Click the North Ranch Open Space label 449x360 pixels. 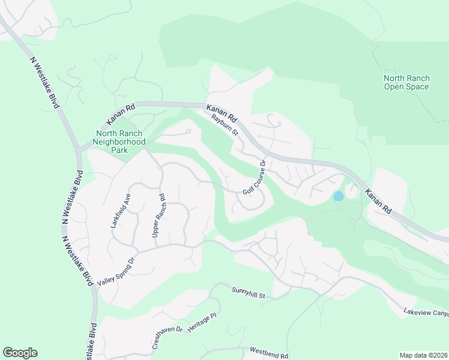(406, 82)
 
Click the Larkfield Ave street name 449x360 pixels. (120, 211)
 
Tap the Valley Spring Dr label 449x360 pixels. (117, 271)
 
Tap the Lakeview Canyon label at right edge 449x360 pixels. (426, 313)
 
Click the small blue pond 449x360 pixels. (339, 196)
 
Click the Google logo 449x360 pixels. (20, 353)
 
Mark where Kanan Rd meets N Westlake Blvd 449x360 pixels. (78, 149)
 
